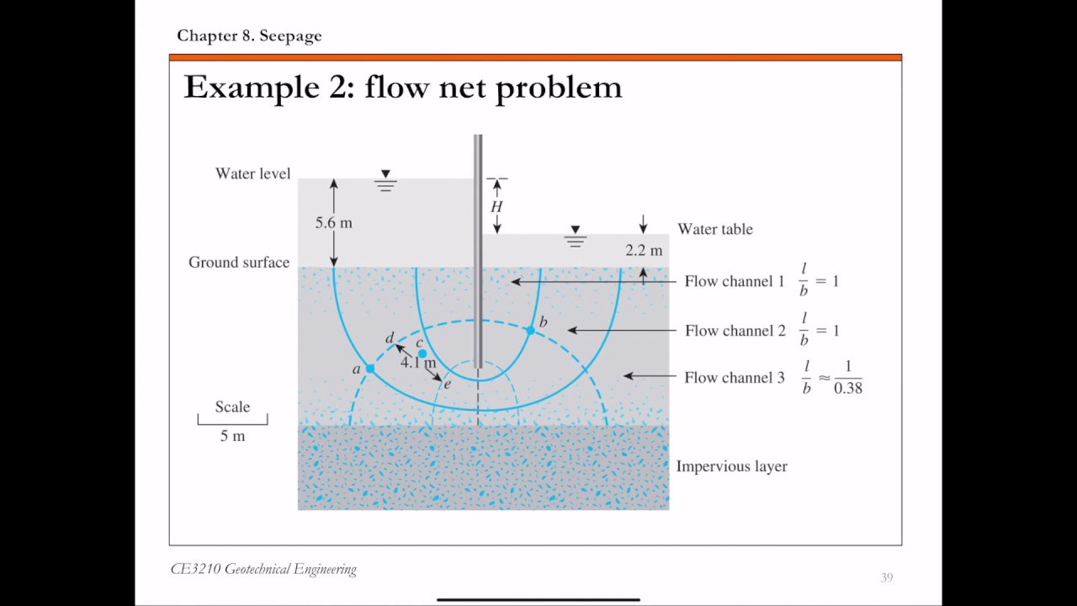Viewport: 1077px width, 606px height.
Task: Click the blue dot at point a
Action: (x=369, y=369)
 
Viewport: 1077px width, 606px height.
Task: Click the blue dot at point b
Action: (x=530, y=331)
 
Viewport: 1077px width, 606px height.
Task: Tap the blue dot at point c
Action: (x=422, y=353)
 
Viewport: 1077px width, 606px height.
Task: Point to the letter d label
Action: (x=390, y=338)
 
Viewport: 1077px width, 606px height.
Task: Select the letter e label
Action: (x=447, y=384)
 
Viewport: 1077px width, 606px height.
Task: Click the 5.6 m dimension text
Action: (x=334, y=223)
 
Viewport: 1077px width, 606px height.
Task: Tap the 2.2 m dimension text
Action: (x=644, y=250)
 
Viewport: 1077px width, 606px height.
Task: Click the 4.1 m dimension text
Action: (x=418, y=362)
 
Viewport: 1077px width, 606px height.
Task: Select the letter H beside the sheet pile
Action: (x=496, y=207)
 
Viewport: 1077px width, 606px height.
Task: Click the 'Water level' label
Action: (x=253, y=173)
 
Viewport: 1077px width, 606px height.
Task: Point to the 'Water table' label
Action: (x=715, y=229)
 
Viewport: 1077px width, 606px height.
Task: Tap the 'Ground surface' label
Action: (x=239, y=262)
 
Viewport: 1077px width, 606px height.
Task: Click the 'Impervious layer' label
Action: (x=732, y=466)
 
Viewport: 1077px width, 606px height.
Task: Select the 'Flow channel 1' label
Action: (x=735, y=281)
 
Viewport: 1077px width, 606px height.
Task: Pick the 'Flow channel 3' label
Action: (x=735, y=378)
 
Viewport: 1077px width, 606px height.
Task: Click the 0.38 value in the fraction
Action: (x=847, y=388)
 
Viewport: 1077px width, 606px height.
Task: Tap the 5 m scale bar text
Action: (x=233, y=436)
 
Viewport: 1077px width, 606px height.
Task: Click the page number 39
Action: (x=887, y=577)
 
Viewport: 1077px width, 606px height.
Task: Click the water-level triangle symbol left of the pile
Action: (x=385, y=173)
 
